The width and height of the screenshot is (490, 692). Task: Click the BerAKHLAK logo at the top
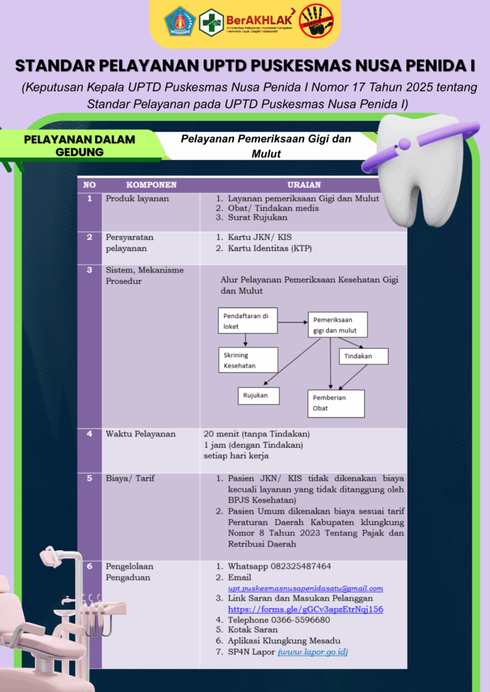pyautogui.click(x=261, y=22)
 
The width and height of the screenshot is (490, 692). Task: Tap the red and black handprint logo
pyautogui.click(x=316, y=22)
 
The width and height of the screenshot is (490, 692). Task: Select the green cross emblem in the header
pyautogui.click(x=211, y=22)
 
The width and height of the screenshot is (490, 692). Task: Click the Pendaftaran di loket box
pyautogui.click(x=248, y=322)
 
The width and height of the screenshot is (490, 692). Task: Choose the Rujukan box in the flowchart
pyautogui.click(x=258, y=395)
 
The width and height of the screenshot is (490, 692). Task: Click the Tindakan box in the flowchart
pyautogui.click(x=364, y=356)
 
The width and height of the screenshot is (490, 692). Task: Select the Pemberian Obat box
pyautogui.click(x=336, y=403)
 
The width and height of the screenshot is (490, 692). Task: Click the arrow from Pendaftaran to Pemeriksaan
pyautogui.click(x=292, y=322)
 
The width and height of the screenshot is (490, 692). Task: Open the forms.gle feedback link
pyautogui.click(x=306, y=609)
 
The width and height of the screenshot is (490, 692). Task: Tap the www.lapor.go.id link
pyautogui.click(x=313, y=652)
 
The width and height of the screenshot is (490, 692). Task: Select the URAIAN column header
pyautogui.click(x=304, y=184)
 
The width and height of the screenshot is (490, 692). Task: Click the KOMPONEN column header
pyautogui.click(x=152, y=184)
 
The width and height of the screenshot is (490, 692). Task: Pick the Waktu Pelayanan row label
pyautogui.click(x=140, y=434)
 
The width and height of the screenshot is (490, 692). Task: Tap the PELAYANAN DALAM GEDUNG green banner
pyautogui.click(x=80, y=145)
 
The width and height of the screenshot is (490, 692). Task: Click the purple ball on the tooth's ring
pyautogui.click(x=404, y=143)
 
